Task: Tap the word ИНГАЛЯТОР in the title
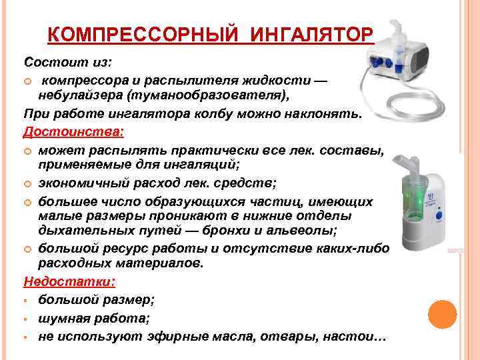(x=311, y=34)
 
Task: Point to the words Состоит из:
(x=69, y=61)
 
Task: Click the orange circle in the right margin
(x=442, y=313)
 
